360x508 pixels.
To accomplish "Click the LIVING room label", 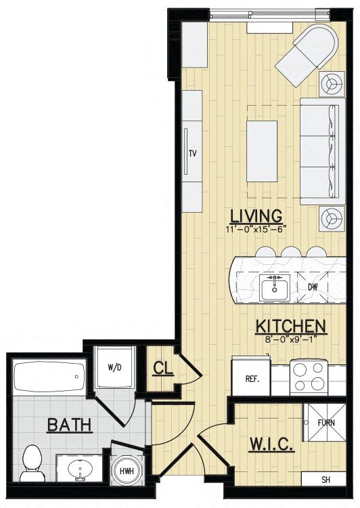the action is click(x=256, y=216).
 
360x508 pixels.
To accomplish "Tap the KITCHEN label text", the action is click(x=291, y=326).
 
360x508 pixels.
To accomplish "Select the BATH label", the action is click(x=70, y=425).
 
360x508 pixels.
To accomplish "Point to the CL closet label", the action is click(x=163, y=368).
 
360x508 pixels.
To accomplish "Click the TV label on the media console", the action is click(x=193, y=153).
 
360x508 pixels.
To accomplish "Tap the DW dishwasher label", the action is click(x=313, y=287).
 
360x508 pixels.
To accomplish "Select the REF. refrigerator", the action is click(x=251, y=375).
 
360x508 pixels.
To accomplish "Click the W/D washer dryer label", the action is click(x=115, y=368).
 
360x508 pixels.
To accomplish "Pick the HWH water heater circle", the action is click(x=127, y=471).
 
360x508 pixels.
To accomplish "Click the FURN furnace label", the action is click(x=326, y=423).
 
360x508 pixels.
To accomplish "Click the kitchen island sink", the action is click(x=275, y=287).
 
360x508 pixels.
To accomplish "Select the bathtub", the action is click(x=49, y=376).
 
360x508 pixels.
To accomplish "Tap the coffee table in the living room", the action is click(x=262, y=151).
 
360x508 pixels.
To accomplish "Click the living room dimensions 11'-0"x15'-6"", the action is click(x=256, y=229).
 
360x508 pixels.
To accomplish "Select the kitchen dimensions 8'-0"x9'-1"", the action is click(x=290, y=339).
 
